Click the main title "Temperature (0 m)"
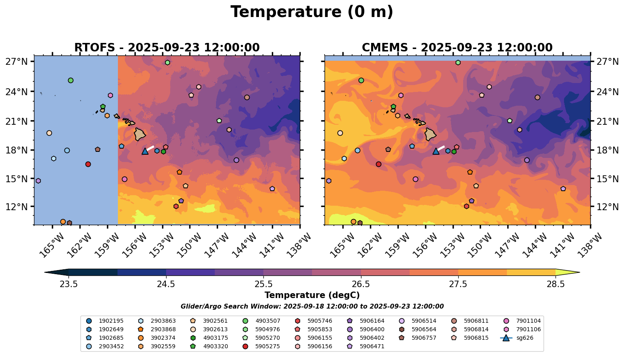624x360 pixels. point(312,12)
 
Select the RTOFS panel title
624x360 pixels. point(167,48)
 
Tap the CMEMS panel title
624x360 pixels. point(457,48)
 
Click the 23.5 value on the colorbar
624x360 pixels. point(68,284)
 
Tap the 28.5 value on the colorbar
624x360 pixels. point(556,284)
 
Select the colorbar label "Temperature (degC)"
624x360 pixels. point(312,295)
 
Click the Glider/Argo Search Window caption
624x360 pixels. point(312,307)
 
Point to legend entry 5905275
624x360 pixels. point(267,347)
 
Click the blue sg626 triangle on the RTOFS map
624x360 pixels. point(145,151)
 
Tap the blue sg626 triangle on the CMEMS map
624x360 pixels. point(436,151)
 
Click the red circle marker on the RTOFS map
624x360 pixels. point(88,164)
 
